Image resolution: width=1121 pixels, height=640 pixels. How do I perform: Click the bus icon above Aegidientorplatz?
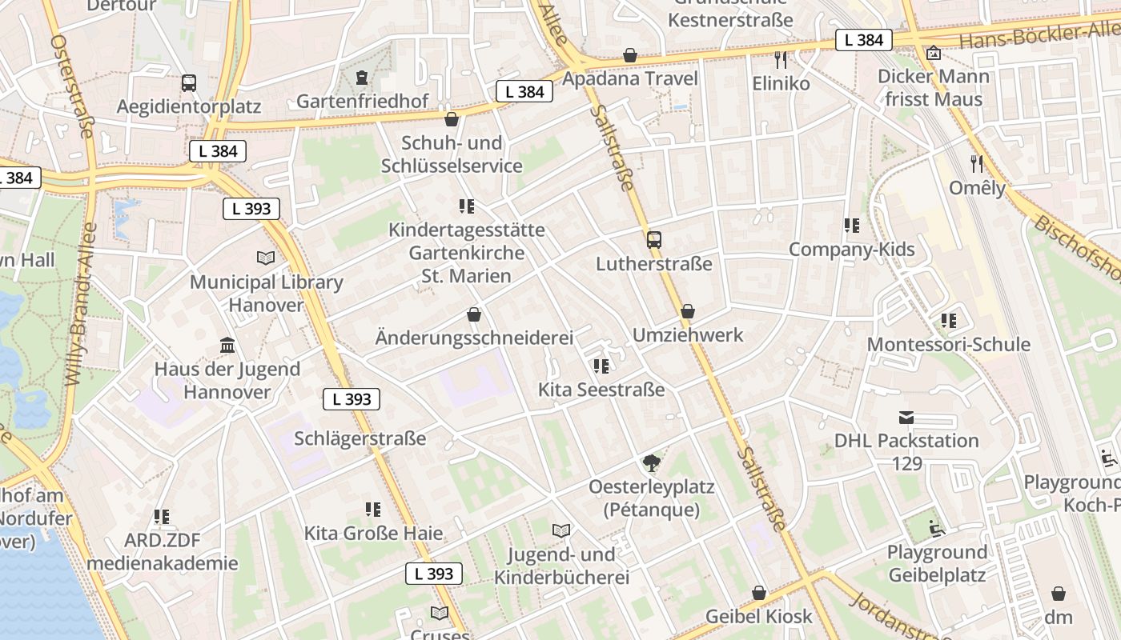pyautogui.click(x=189, y=82)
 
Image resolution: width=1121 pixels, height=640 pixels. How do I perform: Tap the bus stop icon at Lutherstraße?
pyautogui.click(x=654, y=239)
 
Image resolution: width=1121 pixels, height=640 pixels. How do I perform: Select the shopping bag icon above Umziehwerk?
pyautogui.click(x=688, y=311)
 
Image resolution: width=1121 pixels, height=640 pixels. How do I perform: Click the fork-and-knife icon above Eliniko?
pyautogui.click(x=781, y=59)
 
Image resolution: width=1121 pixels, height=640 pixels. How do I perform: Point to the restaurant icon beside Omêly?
pyautogui.click(x=976, y=164)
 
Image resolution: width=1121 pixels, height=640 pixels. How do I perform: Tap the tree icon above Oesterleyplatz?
pyautogui.click(x=652, y=462)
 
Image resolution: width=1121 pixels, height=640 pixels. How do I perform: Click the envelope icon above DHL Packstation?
pyautogui.click(x=906, y=417)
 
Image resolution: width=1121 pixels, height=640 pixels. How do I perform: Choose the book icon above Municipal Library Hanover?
pyautogui.click(x=265, y=258)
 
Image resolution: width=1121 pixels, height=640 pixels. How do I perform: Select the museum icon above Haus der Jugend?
pyautogui.click(x=227, y=345)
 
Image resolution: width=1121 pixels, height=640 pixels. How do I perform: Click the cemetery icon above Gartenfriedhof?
pyautogui.click(x=362, y=78)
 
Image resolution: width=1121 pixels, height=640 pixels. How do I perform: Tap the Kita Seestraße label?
pyautogui.click(x=601, y=390)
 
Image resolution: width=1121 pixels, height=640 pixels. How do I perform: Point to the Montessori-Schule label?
pyautogui.click(x=949, y=345)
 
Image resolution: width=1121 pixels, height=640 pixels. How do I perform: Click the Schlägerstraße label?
pyautogui.click(x=360, y=438)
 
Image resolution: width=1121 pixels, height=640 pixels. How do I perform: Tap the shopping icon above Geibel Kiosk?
pyautogui.click(x=758, y=593)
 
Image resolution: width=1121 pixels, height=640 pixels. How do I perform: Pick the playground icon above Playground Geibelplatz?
pyautogui.click(x=935, y=528)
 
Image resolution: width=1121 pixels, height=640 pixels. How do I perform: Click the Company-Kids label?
pyautogui.click(x=851, y=250)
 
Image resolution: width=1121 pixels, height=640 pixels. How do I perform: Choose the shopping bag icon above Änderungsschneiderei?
pyautogui.click(x=474, y=314)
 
